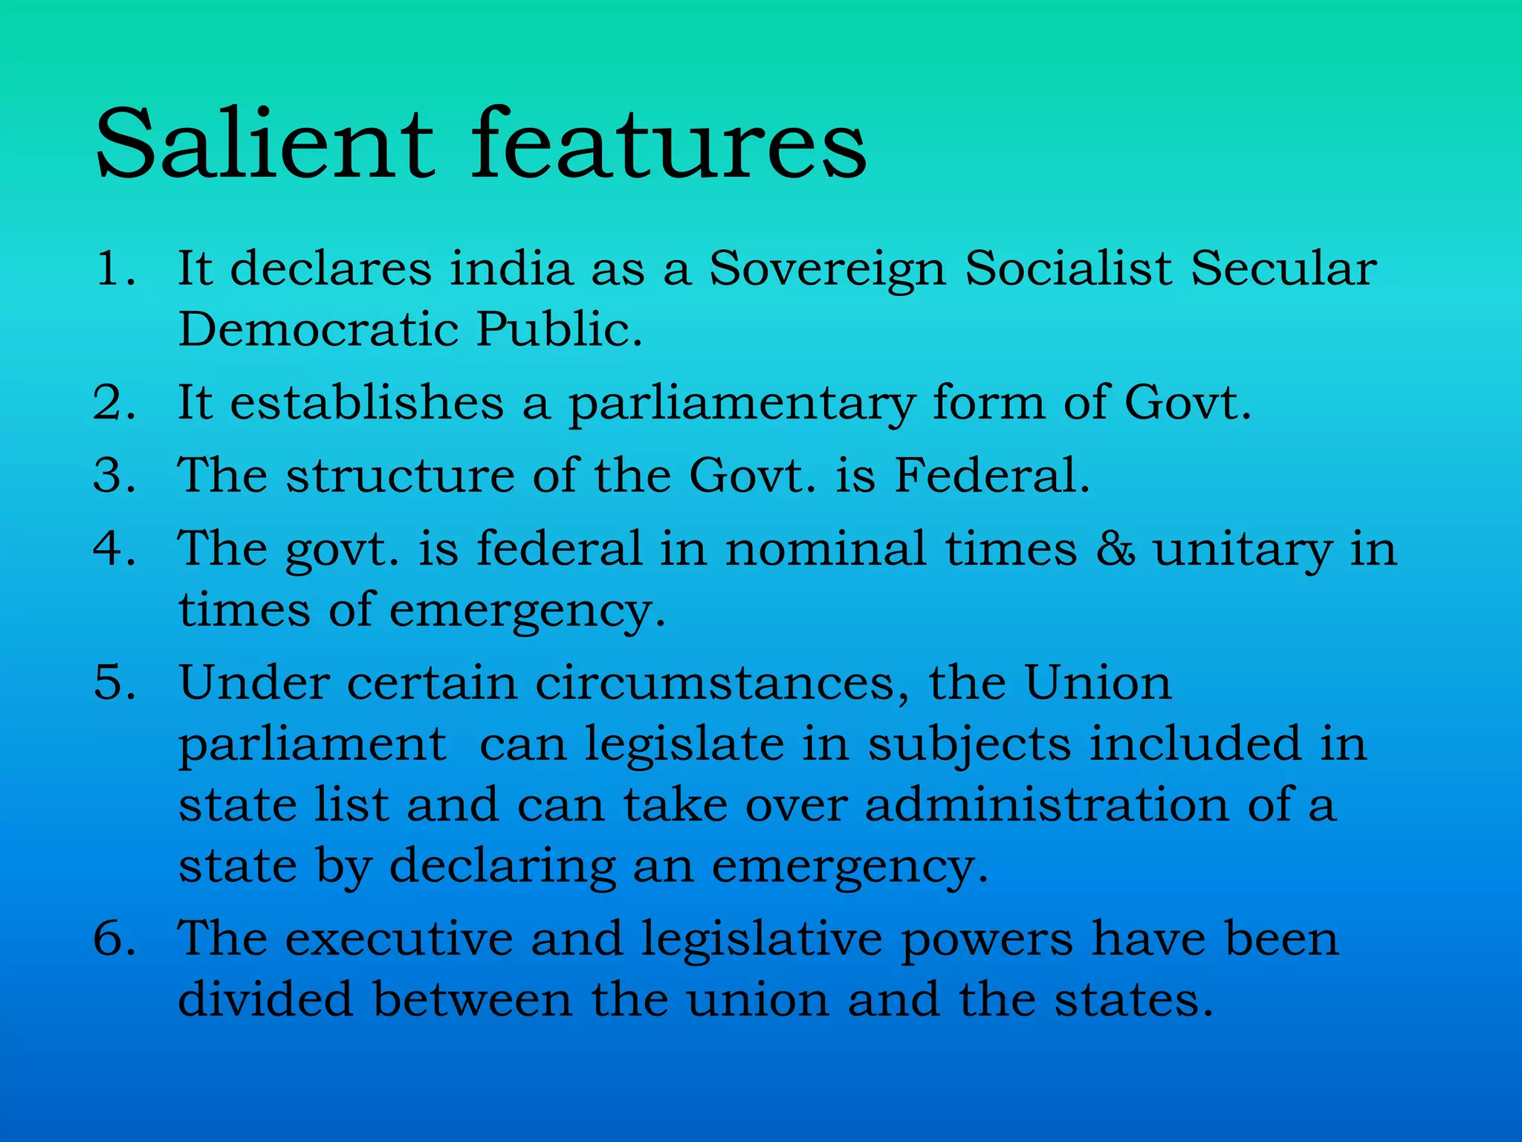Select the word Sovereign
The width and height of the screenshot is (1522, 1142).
pyautogui.click(x=827, y=270)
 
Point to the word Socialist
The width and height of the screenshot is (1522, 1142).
pyautogui.click(x=1068, y=268)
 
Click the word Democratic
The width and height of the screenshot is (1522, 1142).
pyautogui.click(x=318, y=329)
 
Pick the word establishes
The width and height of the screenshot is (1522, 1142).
pyautogui.click(x=367, y=403)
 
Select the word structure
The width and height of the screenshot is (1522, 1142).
pyautogui.click(x=401, y=476)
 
